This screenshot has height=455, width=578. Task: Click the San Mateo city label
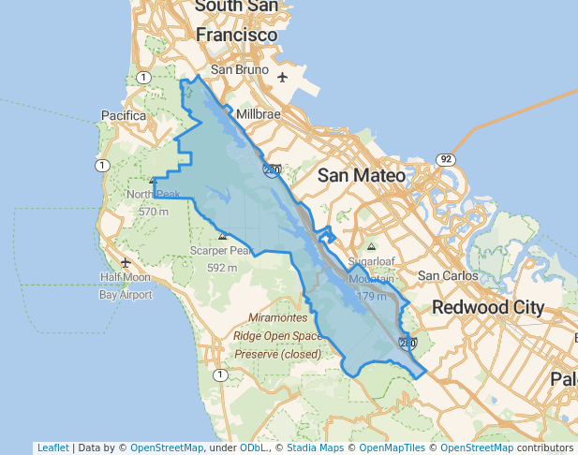(x=362, y=175)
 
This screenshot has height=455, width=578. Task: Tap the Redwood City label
(x=488, y=307)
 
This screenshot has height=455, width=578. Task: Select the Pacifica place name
(x=123, y=116)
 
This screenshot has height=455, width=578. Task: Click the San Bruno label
(x=240, y=70)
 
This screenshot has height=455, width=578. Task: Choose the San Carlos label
(x=447, y=275)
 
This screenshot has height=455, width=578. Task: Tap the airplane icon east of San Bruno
(x=283, y=77)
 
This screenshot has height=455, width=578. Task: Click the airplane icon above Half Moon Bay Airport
(x=126, y=262)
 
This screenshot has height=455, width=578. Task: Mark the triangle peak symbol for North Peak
(x=153, y=181)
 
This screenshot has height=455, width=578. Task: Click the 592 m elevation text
(x=222, y=268)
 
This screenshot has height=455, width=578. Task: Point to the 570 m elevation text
(x=153, y=212)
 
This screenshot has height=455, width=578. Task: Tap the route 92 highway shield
(x=446, y=159)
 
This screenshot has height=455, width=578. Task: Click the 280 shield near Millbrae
(x=271, y=170)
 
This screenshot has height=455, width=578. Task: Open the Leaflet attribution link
(x=52, y=448)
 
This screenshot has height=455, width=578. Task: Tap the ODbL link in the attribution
(x=254, y=448)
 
